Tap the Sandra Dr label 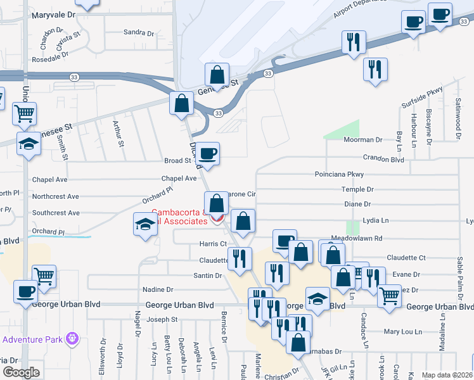pyautogui.click(x=134, y=32)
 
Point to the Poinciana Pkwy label pyautogui.click(x=340, y=174)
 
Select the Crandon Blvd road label pyautogui.click(x=383, y=159)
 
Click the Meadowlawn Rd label pyautogui.click(x=378, y=238)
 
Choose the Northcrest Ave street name pyautogui.click(x=56, y=197)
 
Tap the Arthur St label pyautogui.click(x=118, y=134)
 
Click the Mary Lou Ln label pyautogui.click(x=402, y=331)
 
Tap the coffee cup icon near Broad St pyautogui.click(x=207, y=153)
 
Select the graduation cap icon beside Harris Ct pyautogui.click(x=145, y=224)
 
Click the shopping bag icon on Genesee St pyautogui.click(x=217, y=74)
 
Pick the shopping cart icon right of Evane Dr pyautogui.click(x=388, y=294)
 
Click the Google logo pyautogui.click(x=20, y=372)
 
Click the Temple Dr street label pyautogui.click(x=357, y=189)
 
